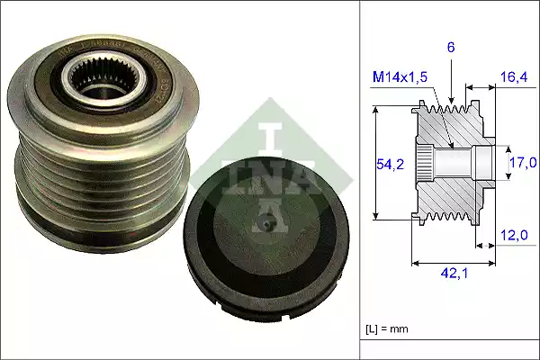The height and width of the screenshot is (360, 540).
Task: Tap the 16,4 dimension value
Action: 515,77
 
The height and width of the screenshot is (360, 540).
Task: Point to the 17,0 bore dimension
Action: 522,162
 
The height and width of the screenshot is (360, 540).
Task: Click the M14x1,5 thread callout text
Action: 400,77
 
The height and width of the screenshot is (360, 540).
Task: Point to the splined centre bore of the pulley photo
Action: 97,81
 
